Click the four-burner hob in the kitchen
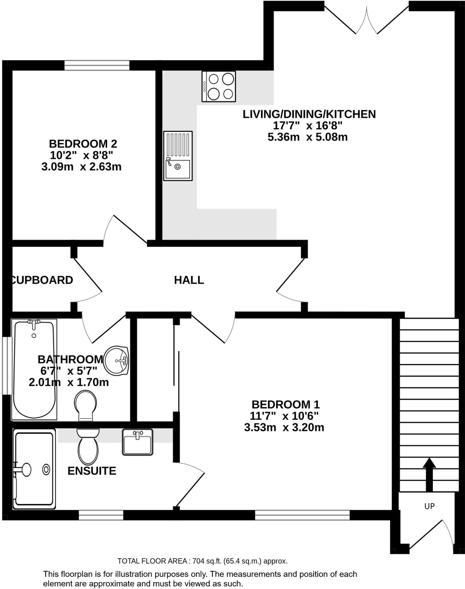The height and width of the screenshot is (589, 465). pos(219,86)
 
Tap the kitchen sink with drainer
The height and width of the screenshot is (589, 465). pos(178,156)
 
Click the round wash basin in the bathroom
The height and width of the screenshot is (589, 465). pos(116,361)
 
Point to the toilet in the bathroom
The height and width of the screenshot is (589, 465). pos(85,405)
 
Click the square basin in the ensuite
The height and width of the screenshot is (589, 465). pos(137,442)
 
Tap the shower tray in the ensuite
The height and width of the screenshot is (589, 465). pos(34,469)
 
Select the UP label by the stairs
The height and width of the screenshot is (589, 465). pos(429,506)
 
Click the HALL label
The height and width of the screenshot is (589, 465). pos(189,280)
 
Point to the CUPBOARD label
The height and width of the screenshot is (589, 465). pos(42,280)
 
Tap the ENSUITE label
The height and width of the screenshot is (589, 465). pos(92,471)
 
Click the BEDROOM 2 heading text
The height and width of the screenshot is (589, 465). pos(83,144)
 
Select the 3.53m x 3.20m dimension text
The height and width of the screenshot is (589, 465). pos(284,428)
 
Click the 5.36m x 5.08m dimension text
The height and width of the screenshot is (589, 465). pos(307,137)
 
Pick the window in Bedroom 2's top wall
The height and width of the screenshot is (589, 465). pos(97,65)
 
